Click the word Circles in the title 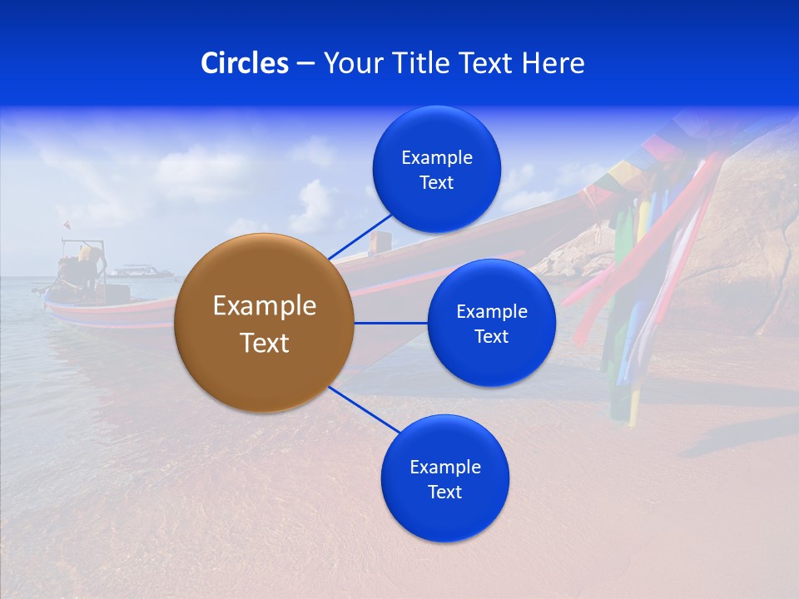pyautogui.click(x=245, y=63)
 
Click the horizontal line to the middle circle pyautogui.click(x=390, y=323)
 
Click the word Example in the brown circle pyautogui.click(x=265, y=306)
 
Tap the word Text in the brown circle pyautogui.click(x=265, y=343)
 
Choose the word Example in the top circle pyautogui.click(x=437, y=158)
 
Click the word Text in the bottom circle pyautogui.click(x=444, y=492)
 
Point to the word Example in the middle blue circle pyautogui.click(x=492, y=312)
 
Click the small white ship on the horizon pyautogui.click(x=139, y=270)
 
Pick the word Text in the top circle pyautogui.click(x=436, y=183)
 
